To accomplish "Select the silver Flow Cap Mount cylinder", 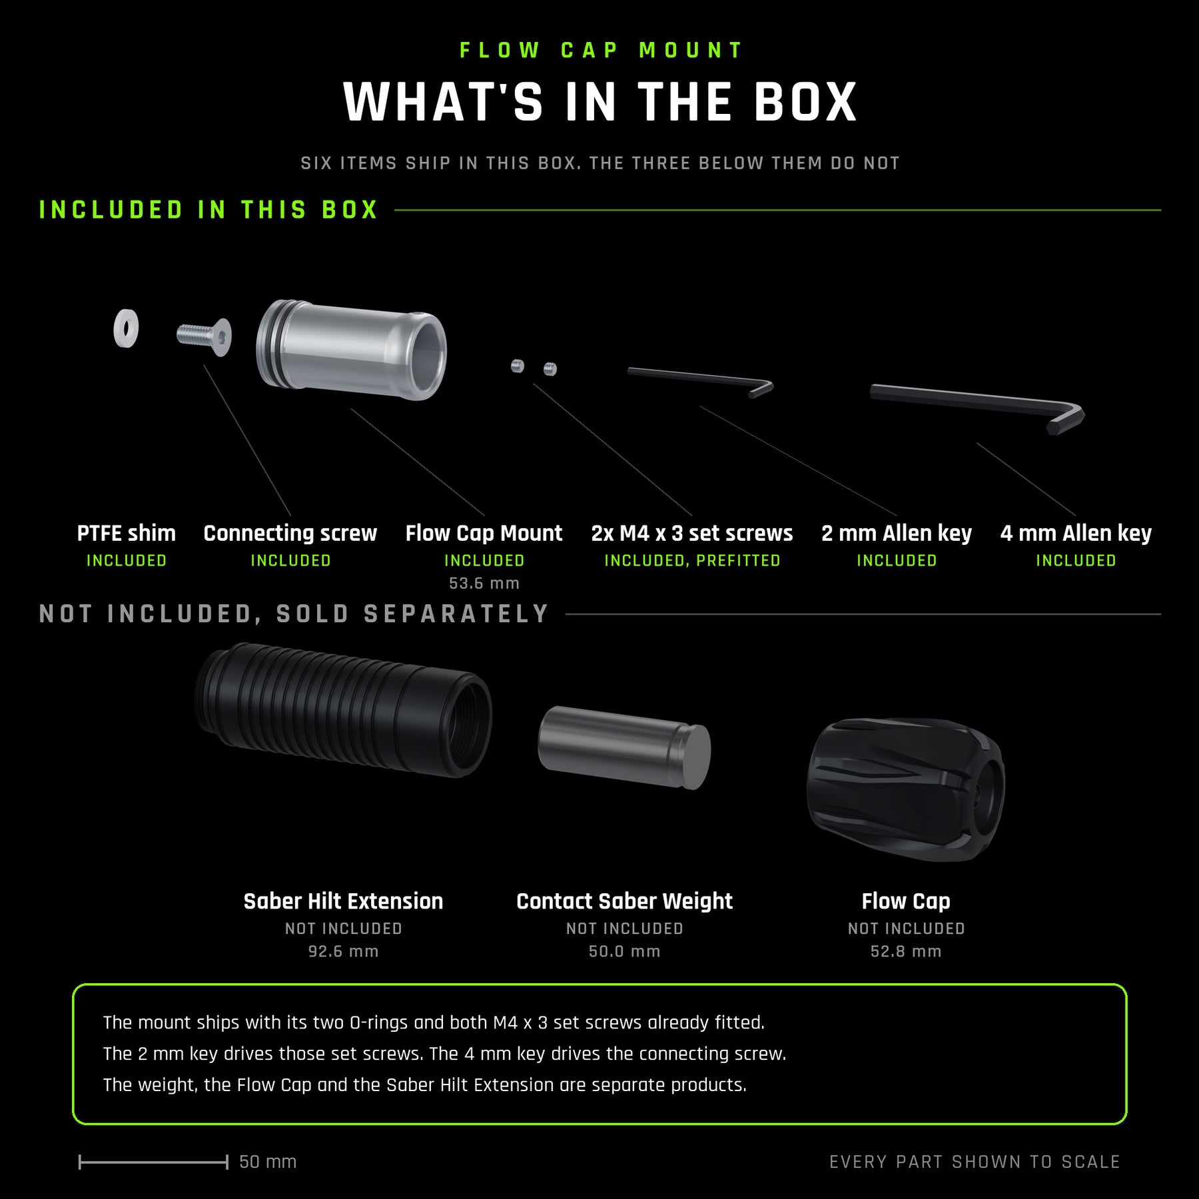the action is click(351, 350).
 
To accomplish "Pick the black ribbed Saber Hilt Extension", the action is click(344, 709).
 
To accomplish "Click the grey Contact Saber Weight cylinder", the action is click(624, 747).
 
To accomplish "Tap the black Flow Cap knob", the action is click(905, 789).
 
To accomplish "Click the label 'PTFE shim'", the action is click(127, 534).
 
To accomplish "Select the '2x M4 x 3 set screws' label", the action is click(692, 534).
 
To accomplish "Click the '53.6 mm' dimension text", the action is click(484, 584).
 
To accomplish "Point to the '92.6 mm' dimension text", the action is click(344, 951).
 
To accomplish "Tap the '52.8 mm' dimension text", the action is click(906, 951).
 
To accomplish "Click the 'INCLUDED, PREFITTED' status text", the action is click(692, 561).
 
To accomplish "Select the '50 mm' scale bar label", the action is click(268, 1162).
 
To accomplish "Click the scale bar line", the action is click(153, 1162).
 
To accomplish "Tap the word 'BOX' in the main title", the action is click(805, 103).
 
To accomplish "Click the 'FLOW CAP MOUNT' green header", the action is click(601, 51).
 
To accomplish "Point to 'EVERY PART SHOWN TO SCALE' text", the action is click(975, 1162).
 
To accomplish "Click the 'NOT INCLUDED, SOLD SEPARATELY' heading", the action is click(294, 614).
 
